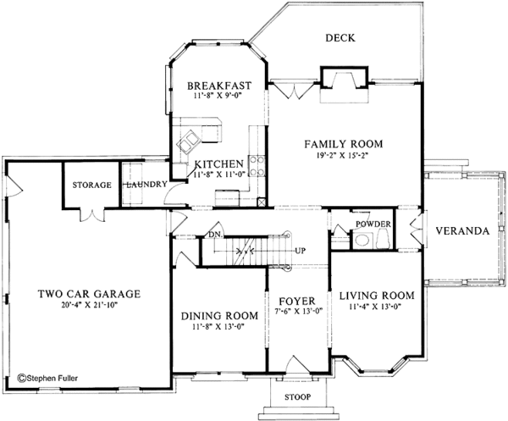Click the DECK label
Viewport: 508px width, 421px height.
pos(340,38)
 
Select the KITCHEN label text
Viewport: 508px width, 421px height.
pos(219,163)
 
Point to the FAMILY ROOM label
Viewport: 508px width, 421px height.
pos(345,144)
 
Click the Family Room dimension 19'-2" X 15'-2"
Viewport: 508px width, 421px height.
pos(345,156)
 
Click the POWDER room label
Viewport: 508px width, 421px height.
pos(373,224)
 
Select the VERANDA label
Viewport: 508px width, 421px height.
pos(461,230)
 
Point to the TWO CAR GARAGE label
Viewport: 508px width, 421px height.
pos(89,294)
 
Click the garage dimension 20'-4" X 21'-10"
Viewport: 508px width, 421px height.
pos(89,306)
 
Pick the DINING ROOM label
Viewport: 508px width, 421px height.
pos(218,317)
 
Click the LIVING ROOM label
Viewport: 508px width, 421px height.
pos(376,296)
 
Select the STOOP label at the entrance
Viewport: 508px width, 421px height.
pos(297,396)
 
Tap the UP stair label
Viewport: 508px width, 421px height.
pos(300,251)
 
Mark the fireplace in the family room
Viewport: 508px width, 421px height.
pos(343,81)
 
